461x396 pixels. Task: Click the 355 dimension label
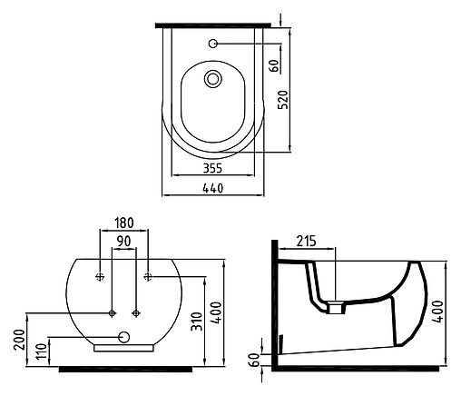tap(212, 168)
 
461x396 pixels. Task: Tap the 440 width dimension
tap(213, 188)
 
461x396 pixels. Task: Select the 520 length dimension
tap(283, 99)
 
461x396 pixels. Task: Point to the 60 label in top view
tap(274, 65)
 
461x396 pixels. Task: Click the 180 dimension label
tap(124, 223)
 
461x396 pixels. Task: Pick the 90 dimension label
tap(123, 242)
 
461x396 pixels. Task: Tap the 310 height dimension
tap(197, 322)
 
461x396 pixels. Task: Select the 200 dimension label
tap(19, 340)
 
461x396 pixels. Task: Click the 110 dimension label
tap(43, 351)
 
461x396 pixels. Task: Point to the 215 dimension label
tap(306, 242)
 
